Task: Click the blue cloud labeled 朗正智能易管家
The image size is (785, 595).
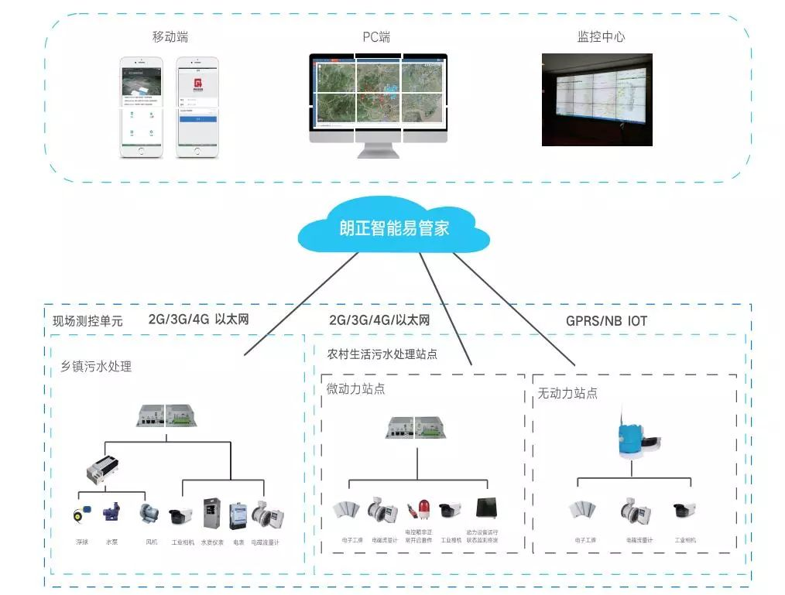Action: click(394, 228)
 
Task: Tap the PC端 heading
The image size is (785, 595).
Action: click(377, 37)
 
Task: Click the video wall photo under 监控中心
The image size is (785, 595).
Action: click(596, 100)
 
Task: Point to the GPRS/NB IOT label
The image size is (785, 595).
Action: click(606, 320)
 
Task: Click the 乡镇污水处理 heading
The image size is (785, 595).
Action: click(96, 367)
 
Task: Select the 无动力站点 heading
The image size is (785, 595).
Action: click(567, 393)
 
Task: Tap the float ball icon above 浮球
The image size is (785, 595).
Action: click(81, 513)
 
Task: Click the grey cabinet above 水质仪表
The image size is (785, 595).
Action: click(211, 513)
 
